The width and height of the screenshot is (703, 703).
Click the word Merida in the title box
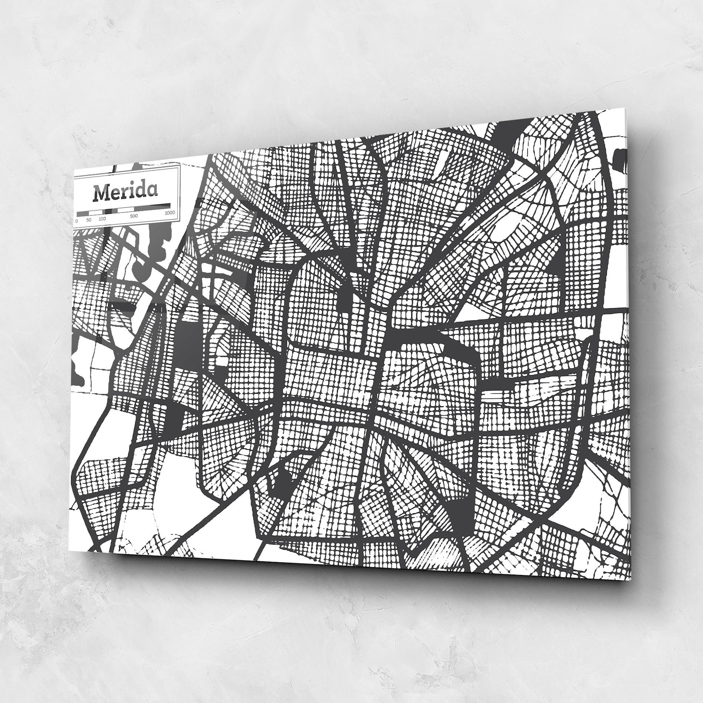click(125, 191)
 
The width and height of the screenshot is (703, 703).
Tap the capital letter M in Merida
click(101, 193)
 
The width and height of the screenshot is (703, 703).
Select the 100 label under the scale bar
click(102, 219)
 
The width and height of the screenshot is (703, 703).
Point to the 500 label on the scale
click(134, 216)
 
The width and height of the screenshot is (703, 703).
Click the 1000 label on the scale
click(170, 212)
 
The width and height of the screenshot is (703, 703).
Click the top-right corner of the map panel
click(626, 108)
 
